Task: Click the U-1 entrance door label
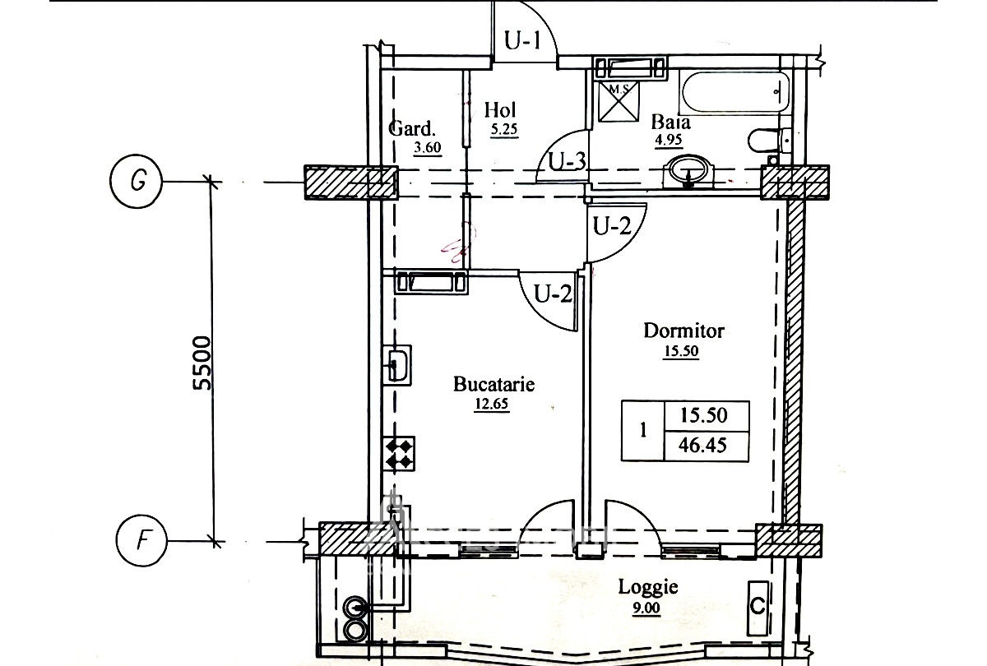tap(522, 41)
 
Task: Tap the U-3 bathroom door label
tap(567, 162)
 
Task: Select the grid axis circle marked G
tap(137, 181)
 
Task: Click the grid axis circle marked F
tap(141, 540)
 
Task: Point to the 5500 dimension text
tap(202, 363)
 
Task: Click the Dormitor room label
tap(683, 331)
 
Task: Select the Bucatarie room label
tap(494, 384)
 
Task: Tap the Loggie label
tap(648, 588)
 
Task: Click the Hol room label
tap(500, 110)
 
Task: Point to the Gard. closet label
tap(412, 128)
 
